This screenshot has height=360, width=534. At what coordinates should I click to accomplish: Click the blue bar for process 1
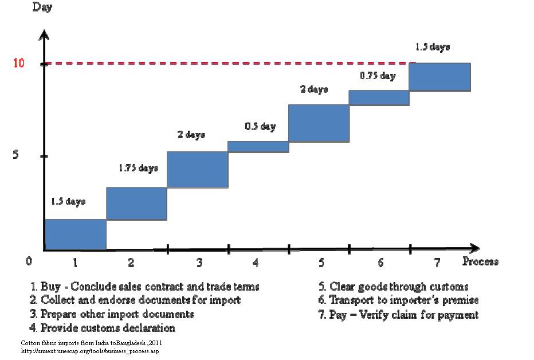tap(75, 234)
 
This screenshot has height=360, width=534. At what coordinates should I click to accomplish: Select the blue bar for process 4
tap(258, 147)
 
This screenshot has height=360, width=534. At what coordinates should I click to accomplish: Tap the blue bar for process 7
tap(439, 77)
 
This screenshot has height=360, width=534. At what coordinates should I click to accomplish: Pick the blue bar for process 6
tap(379, 98)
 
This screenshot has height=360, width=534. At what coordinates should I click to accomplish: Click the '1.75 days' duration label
tap(139, 168)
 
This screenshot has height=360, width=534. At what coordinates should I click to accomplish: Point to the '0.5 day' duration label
tap(260, 127)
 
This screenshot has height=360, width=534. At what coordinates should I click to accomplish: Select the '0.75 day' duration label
tap(378, 76)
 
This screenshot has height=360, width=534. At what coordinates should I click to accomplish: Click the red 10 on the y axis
tap(19, 63)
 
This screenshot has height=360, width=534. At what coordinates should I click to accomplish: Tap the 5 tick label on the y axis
tap(22, 155)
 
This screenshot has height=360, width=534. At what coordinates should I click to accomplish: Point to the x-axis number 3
tap(199, 263)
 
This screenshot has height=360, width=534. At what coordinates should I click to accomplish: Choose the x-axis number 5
tap(321, 263)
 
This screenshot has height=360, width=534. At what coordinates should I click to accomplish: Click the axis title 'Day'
tap(42, 7)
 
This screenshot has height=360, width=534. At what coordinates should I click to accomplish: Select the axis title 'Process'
tap(480, 261)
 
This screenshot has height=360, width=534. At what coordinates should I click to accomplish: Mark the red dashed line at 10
tap(229, 63)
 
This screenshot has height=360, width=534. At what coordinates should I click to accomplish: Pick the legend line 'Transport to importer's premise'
tap(398, 300)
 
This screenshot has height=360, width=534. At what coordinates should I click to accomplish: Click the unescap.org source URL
tap(89, 351)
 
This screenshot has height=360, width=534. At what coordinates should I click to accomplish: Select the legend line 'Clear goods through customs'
tap(393, 286)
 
